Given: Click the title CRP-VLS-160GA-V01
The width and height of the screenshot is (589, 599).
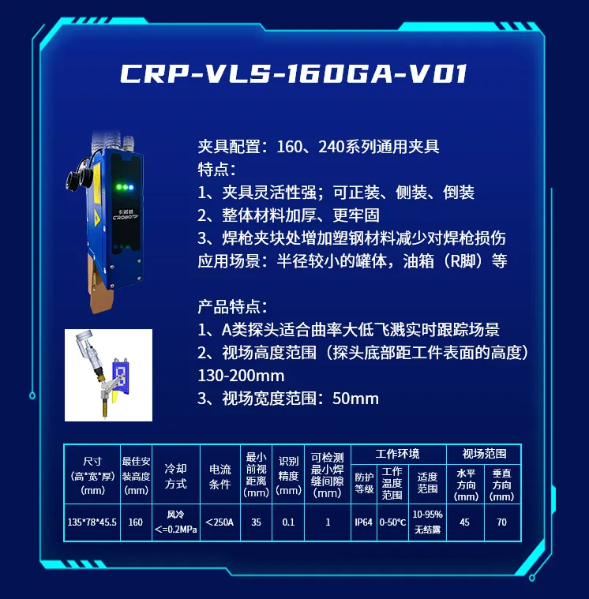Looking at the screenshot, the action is tap(294, 73).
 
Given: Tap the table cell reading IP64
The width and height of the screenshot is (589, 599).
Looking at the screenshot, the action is tap(363, 522).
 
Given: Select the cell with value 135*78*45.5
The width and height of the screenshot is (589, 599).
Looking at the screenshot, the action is tap(92, 522).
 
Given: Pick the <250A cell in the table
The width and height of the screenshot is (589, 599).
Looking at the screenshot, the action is tap(219, 522).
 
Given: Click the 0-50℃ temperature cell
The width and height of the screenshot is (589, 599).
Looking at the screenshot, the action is tap(392, 522).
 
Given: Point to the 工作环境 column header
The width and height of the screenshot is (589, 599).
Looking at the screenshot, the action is tap(398, 454).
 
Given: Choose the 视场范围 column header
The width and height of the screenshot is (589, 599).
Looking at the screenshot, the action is tap(484, 454).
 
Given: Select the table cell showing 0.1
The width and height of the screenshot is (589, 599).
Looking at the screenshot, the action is tap(288, 522).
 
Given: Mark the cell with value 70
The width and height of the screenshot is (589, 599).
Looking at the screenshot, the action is tap(502, 522).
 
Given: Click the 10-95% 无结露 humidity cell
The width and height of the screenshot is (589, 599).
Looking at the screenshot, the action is tap(427, 522).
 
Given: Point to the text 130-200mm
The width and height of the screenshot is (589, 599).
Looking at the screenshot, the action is tap(241, 376).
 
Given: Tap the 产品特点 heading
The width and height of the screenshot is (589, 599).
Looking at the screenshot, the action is tap(233, 307).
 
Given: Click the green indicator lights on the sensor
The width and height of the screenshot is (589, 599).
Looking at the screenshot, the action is tap(122, 187).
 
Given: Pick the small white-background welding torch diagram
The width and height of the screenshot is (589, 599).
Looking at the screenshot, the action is tap(108, 375).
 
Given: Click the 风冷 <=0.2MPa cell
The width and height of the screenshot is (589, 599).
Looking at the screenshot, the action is tap(176, 522).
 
